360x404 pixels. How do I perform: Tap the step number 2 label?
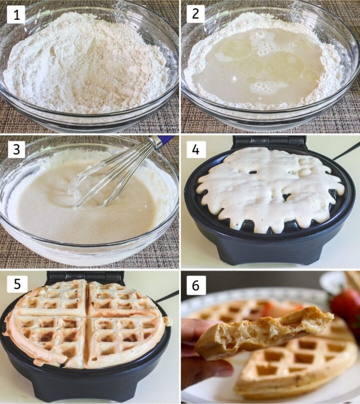click(x=195, y=14)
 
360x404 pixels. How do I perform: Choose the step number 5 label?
click(x=16, y=284)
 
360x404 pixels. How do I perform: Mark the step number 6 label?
click(x=195, y=285)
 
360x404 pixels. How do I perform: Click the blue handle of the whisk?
click(x=164, y=141)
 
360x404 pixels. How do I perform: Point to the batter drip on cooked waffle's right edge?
click(x=167, y=321)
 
